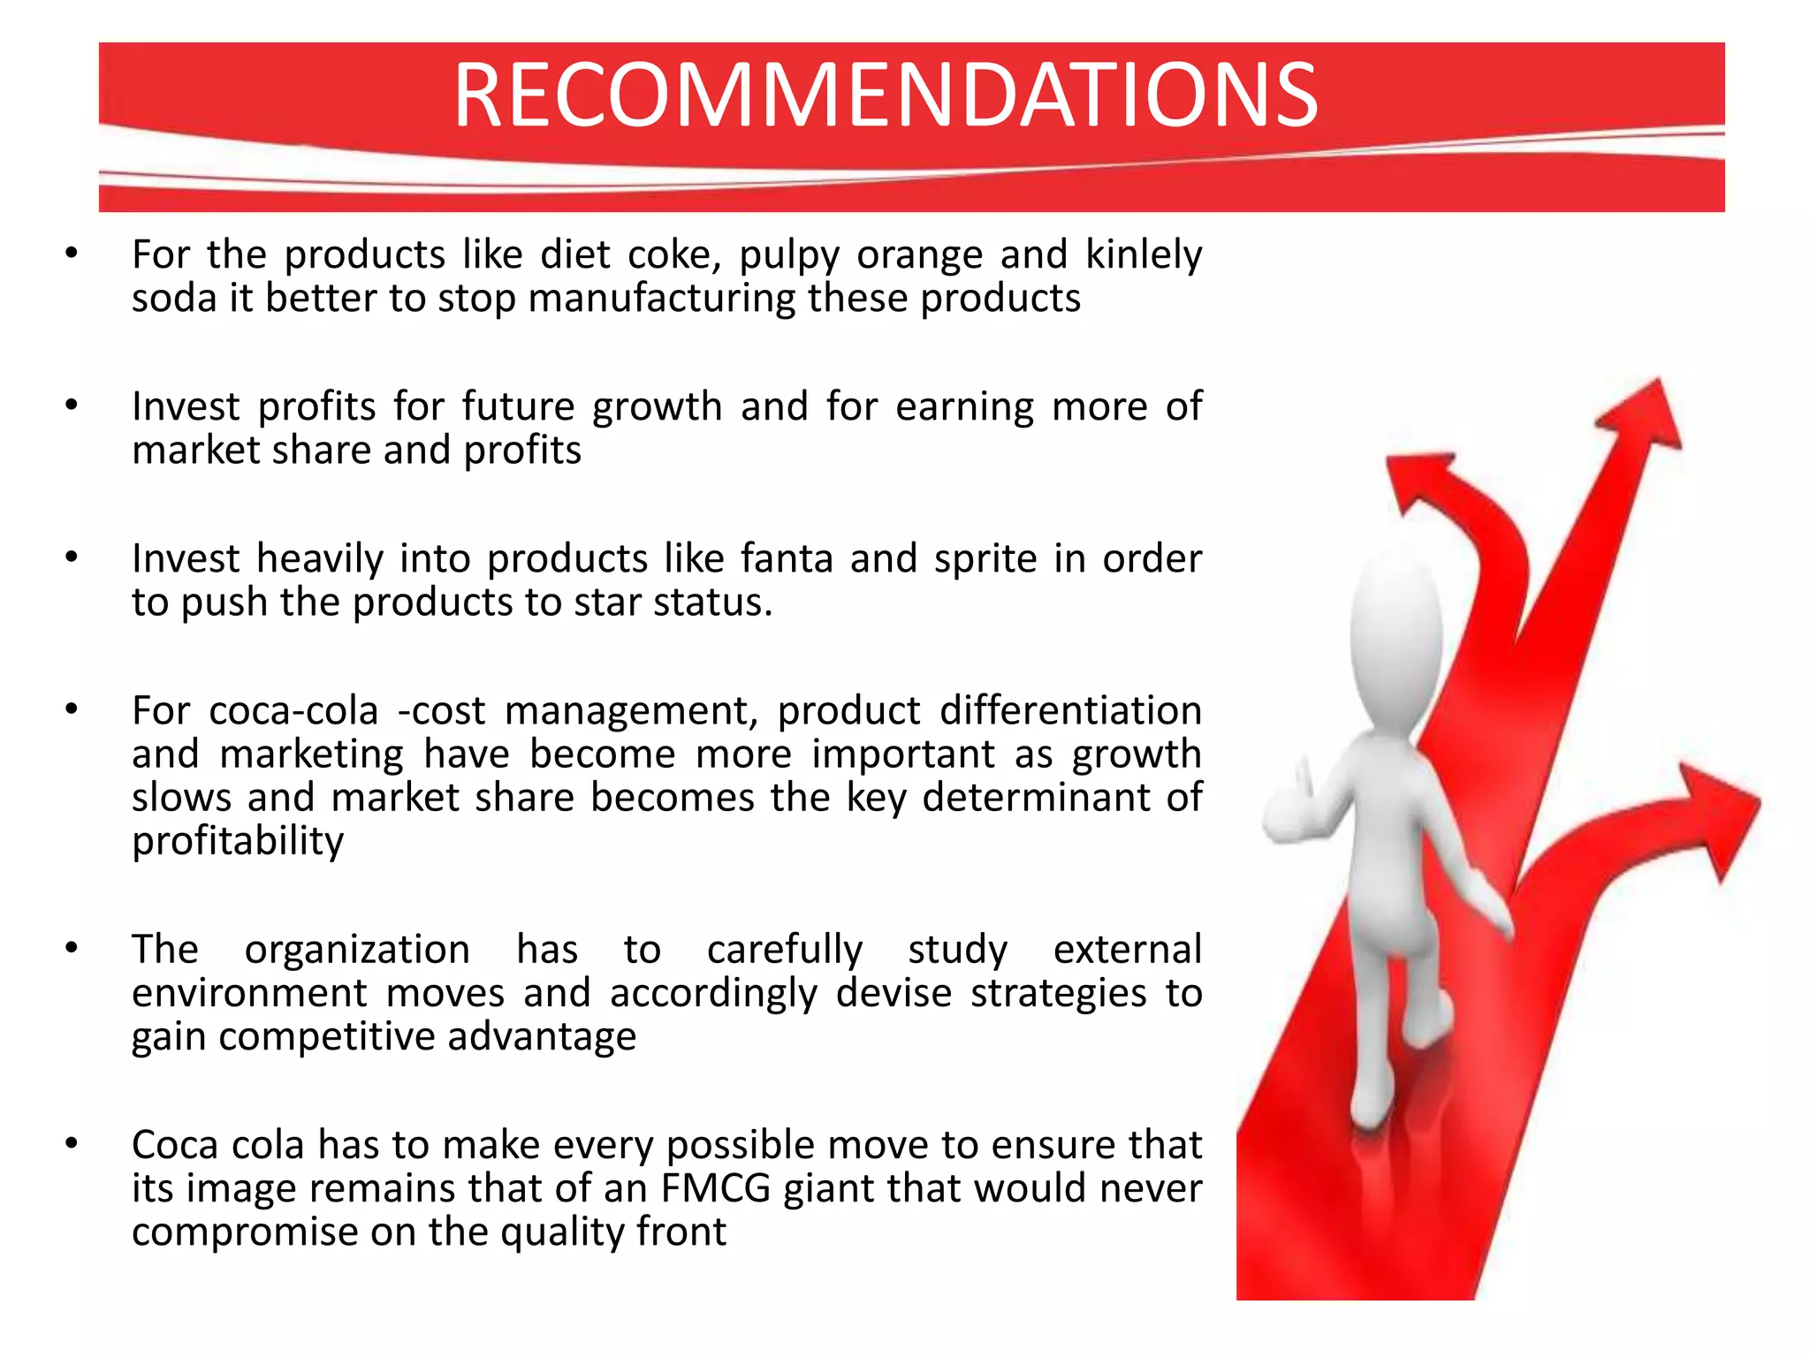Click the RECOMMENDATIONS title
click(886, 95)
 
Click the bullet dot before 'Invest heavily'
click(72, 557)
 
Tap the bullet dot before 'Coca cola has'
click(72, 1144)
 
